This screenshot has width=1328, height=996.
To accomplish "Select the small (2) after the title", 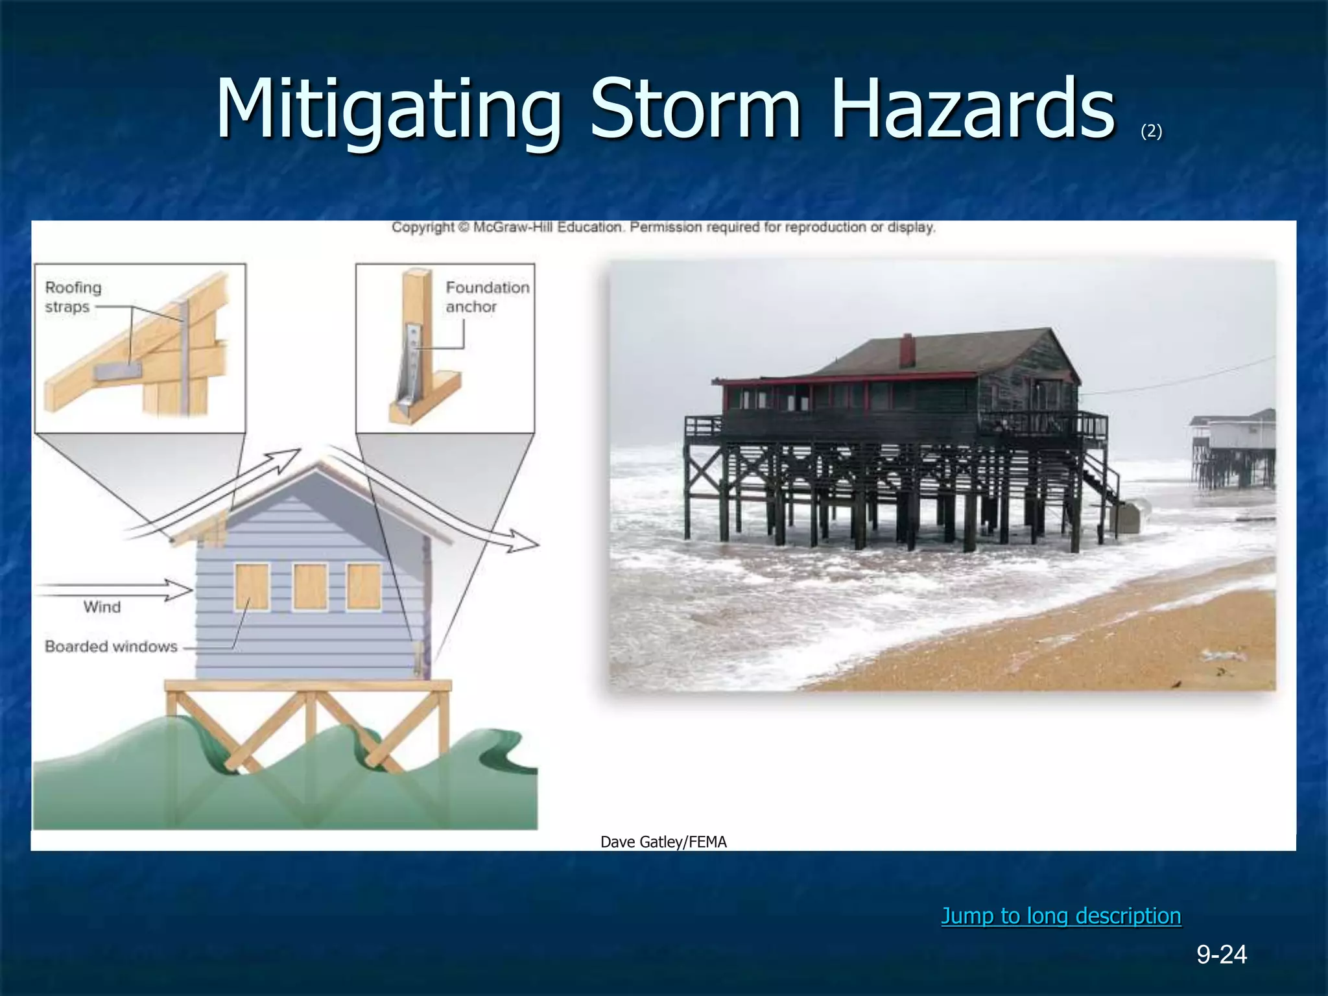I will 1151,132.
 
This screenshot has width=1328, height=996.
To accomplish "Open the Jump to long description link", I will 1061,916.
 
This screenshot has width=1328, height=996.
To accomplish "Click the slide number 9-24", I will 1222,954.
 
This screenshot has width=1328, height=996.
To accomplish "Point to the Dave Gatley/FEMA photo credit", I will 663,842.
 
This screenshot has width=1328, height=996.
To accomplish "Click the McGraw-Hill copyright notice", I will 663,228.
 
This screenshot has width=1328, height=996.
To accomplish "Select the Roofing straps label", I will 73,297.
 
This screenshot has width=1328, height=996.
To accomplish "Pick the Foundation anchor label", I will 486,297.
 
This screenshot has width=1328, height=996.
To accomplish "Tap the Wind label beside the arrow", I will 102,607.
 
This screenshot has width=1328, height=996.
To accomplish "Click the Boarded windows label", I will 111,646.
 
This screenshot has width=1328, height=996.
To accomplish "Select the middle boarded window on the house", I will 310,587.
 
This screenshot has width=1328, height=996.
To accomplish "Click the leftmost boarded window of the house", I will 252,587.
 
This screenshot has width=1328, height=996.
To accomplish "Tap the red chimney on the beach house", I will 907,350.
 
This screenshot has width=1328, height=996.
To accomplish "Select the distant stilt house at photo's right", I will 1232,447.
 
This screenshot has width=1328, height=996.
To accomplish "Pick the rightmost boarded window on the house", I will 364,587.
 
